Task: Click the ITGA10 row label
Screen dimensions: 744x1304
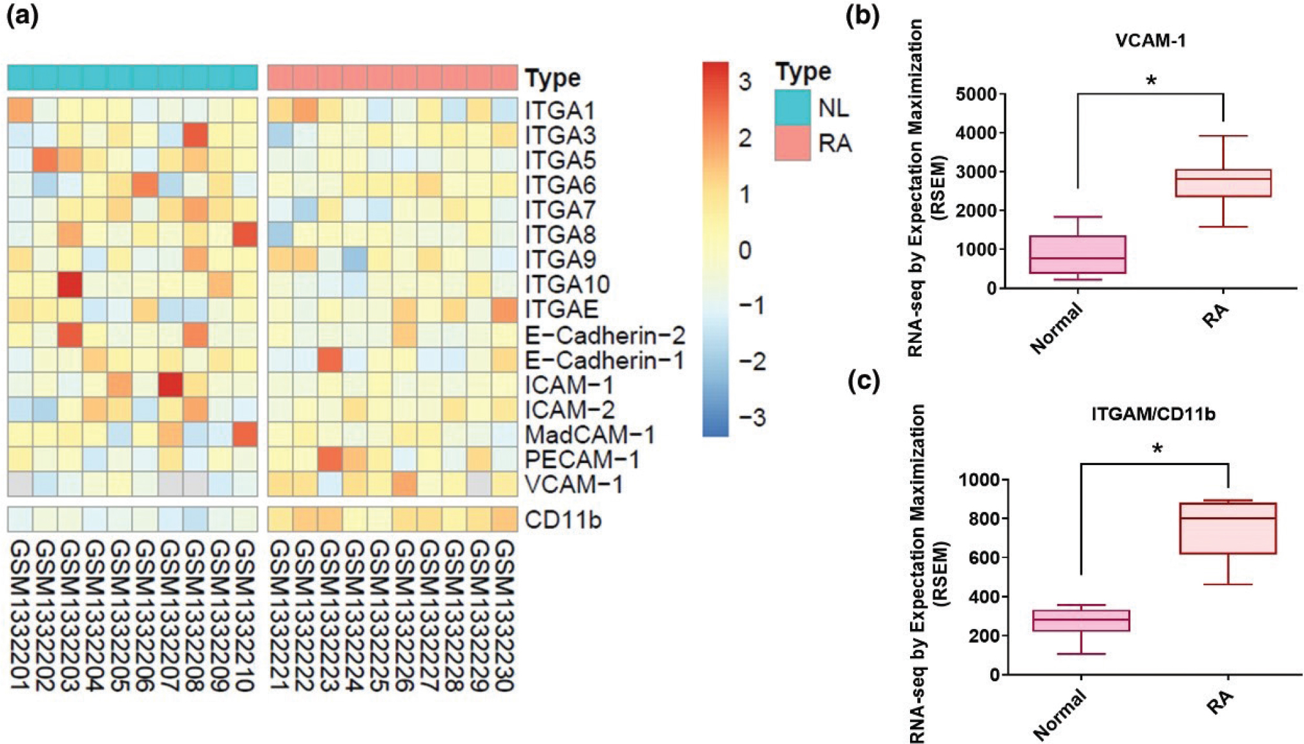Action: (x=567, y=284)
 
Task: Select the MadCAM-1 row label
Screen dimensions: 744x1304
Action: (x=590, y=435)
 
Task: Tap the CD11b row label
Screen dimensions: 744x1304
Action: (x=563, y=520)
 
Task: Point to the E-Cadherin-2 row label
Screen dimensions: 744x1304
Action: (x=605, y=335)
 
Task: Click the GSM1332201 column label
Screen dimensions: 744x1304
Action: (x=21, y=615)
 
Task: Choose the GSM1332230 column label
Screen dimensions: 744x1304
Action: (x=504, y=615)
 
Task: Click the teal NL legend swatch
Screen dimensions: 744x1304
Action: (x=792, y=107)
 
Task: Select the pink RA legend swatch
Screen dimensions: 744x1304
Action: (x=792, y=143)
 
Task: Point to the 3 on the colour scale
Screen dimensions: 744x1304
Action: (x=745, y=82)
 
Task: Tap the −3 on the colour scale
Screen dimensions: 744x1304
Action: (x=751, y=417)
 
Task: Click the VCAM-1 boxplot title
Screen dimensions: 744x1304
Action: (x=1150, y=41)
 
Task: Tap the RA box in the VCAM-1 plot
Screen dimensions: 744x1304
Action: (x=1223, y=183)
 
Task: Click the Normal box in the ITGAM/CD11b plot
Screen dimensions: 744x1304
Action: (x=1081, y=620)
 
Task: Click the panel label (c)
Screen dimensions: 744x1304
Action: (x=864, y=381)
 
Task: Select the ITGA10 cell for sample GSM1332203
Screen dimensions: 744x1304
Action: (x=70, y=285)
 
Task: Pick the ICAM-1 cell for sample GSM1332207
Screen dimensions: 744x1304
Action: (x=171, y=386)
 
